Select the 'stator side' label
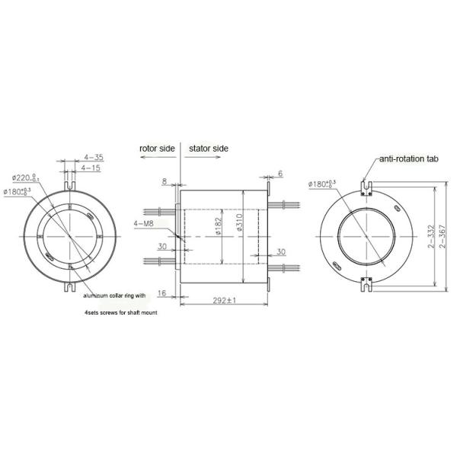(x=207, y=148)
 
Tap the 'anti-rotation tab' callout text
(x=408, y=161)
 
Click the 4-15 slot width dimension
(x=91, y=168)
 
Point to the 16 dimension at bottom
(x=162, y=292)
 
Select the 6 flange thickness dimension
(x=280, y=174)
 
